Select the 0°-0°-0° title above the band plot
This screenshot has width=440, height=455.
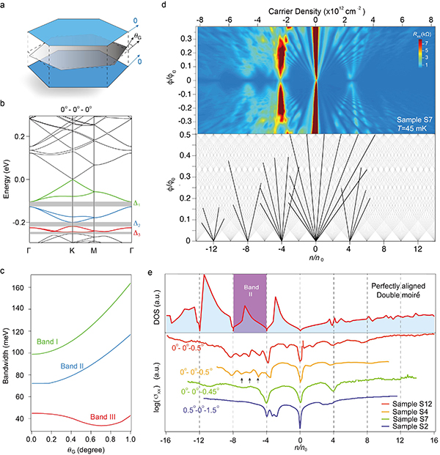[x=73, y=110]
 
